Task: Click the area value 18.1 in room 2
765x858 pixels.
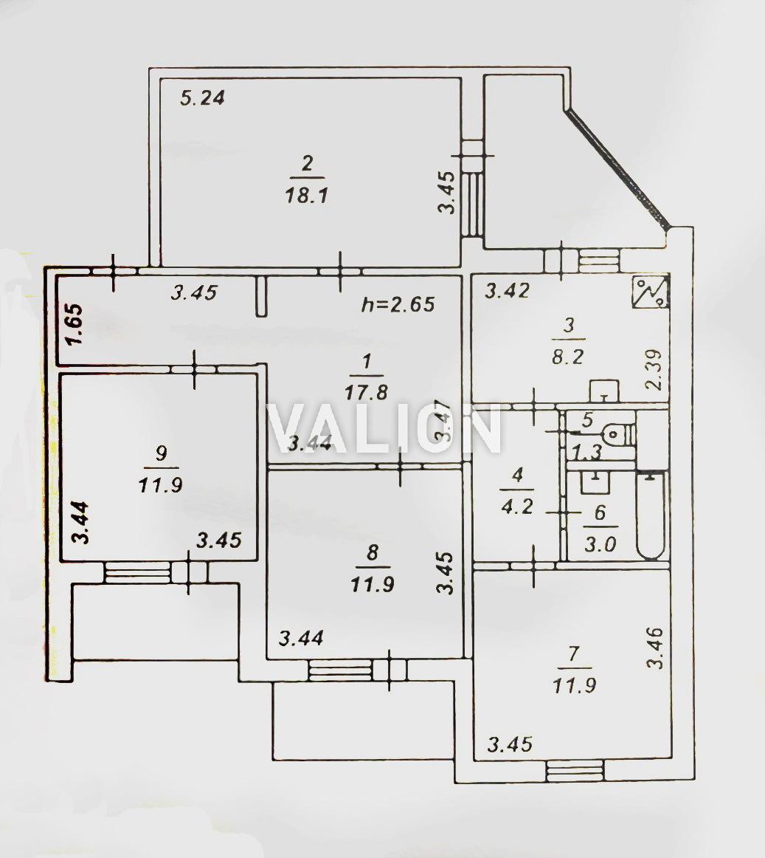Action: point(306,196)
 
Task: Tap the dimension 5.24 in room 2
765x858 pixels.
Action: point(202,97)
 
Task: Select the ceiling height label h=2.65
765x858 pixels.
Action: point(398,304)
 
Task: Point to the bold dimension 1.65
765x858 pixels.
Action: point(75,324)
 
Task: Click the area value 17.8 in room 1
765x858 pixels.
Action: point(366,392)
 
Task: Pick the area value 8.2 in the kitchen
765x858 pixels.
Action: point(569,357)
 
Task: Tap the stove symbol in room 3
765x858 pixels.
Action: point(651,292)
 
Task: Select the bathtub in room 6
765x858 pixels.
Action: point(650,515)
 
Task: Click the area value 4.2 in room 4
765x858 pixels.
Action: point(516,506)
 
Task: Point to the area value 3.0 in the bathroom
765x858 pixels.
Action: point(600,544)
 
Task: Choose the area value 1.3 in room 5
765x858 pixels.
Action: point(586,452)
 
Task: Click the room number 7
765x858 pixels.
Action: point(574,654)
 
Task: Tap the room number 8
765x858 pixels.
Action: point(373,552)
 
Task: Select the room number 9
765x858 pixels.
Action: point(161,453)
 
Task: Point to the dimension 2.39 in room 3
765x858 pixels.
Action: point(654,369)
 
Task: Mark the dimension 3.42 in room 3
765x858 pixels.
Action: point(508,291)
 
